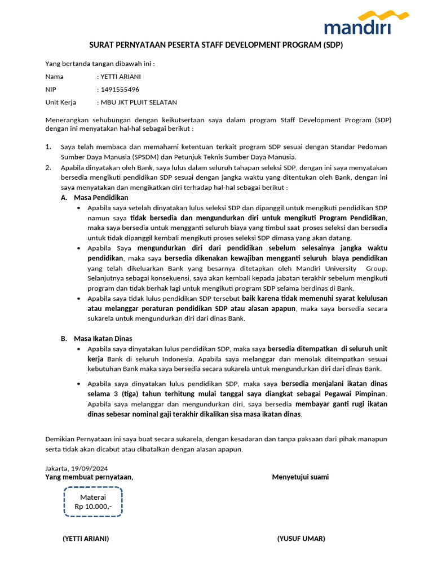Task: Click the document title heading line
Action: coord(216,45)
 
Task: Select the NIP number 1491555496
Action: coord(120,89)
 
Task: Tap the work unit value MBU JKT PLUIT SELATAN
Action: coord(138,102)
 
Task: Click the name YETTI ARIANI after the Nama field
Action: coord(121,77)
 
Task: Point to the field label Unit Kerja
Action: coord(60,102)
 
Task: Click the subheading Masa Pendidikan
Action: coord(101,197)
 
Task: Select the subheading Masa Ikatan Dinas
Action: coord(103,338)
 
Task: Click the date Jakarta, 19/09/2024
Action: coord(77,468)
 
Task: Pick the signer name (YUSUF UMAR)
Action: coord(301,539)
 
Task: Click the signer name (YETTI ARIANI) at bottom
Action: coord(86,539)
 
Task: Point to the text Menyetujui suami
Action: coord(300,477)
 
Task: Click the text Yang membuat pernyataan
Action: coord(89,477)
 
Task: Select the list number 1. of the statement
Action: coord(48,147)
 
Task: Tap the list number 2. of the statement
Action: coord(48,167)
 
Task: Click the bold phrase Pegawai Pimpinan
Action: coord(360,393)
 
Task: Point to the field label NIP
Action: coord(51,89)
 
